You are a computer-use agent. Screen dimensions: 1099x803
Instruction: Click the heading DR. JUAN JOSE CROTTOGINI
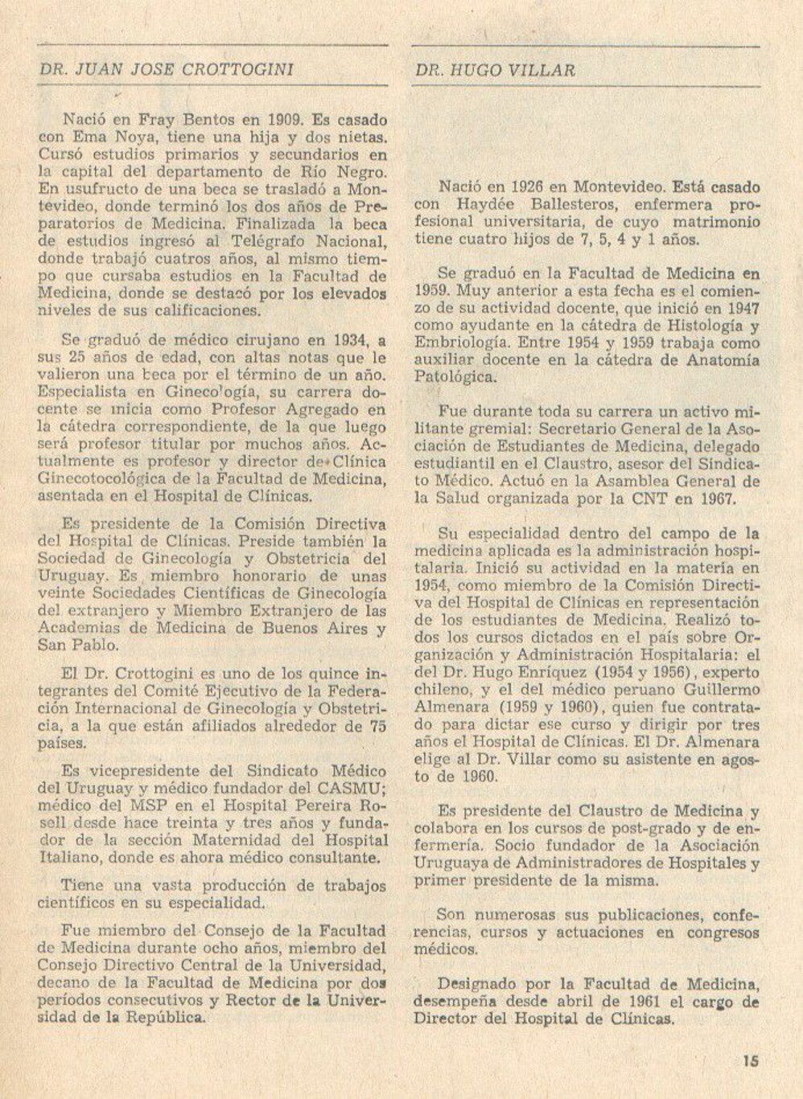166,70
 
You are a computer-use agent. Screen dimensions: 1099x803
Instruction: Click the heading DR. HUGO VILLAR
495,71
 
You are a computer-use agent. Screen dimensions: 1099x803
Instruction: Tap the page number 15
751,1061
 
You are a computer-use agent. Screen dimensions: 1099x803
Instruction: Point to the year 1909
284,121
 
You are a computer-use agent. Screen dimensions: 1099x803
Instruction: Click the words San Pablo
78,645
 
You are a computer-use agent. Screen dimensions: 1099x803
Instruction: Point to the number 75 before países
377,726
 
